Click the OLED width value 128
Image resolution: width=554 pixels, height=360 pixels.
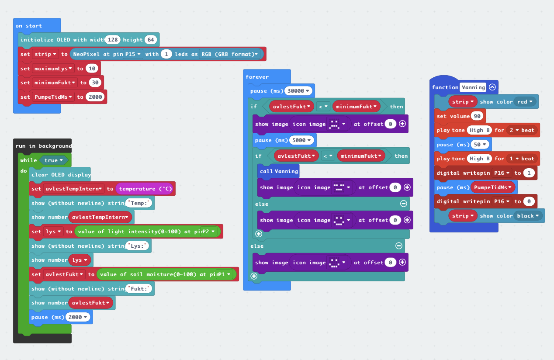coord(113,40)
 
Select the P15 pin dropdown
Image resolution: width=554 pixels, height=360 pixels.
coord(133,54)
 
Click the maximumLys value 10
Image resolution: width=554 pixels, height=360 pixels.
coord(91,69)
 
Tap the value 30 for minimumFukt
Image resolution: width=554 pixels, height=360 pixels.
coord(95,83)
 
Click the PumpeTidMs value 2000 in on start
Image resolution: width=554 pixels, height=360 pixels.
coord(95,97)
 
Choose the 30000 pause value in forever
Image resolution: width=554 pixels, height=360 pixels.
coord(298,91)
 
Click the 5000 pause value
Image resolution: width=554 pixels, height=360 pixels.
coord(301,140)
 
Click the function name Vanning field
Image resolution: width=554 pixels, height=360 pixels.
coord(473,87)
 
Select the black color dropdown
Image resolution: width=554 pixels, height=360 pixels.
coord(528,216)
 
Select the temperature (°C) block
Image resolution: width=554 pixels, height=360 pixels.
coord(145,189)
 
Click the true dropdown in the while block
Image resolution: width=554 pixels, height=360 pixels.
coord(54,160)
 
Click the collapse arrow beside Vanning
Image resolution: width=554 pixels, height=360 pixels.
coord(492,87)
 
